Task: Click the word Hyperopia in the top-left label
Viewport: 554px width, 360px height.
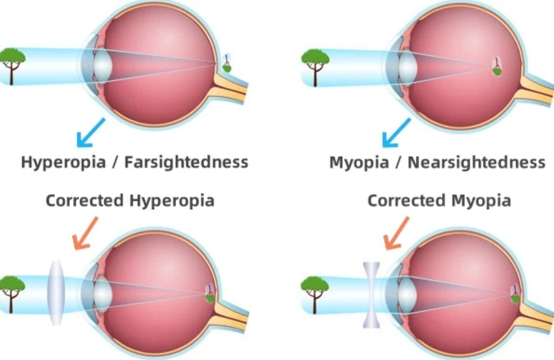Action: point(60,163)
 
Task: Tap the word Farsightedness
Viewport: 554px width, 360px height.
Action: point(186,163)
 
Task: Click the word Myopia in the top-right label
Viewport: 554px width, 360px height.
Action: point(358,163)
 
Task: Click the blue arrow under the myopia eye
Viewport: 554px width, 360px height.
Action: point(396,132)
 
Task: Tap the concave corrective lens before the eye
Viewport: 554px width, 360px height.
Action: point(371,294)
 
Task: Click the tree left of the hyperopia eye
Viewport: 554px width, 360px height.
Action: point(13,63)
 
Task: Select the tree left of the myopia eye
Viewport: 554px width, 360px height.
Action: point(316,63)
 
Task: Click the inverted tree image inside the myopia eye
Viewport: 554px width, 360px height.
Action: point(497,67)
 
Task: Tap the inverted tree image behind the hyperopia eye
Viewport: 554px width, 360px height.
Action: point(228,63)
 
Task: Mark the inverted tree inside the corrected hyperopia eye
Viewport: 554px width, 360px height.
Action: point(211,293)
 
